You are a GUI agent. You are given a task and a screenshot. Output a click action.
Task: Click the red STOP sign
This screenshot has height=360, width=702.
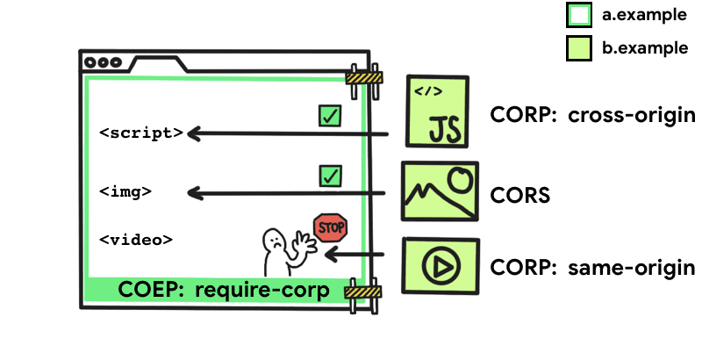(x=330, y=228)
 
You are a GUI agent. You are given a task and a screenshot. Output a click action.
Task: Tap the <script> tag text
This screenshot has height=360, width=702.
(x=141, y=133)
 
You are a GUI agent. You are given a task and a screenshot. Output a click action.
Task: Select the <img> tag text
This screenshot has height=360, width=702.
(x=125, y=191)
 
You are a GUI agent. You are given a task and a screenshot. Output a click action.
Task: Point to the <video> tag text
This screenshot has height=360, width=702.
(x=135, y=239)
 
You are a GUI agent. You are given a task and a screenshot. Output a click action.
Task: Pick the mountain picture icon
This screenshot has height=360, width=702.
(x=439, y=191)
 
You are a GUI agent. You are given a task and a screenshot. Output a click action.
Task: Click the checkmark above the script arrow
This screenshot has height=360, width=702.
(x=330, y=115)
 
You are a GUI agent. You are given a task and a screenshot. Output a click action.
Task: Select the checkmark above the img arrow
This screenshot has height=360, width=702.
(x=330, y=176)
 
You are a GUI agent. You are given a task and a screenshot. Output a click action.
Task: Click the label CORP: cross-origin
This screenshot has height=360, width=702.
(x=593, y=115)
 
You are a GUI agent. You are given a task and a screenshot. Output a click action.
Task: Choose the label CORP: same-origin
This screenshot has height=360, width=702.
(x=592, y=266)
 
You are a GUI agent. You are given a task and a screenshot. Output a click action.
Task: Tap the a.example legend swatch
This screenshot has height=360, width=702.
(x=579, y=15)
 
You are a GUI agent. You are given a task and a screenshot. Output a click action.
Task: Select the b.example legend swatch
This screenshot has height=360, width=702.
(x=579, y=48)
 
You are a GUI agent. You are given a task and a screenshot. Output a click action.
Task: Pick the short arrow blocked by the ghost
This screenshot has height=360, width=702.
(x=355, y=255)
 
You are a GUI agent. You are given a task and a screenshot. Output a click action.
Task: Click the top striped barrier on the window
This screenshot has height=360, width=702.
(x=364, y=77)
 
